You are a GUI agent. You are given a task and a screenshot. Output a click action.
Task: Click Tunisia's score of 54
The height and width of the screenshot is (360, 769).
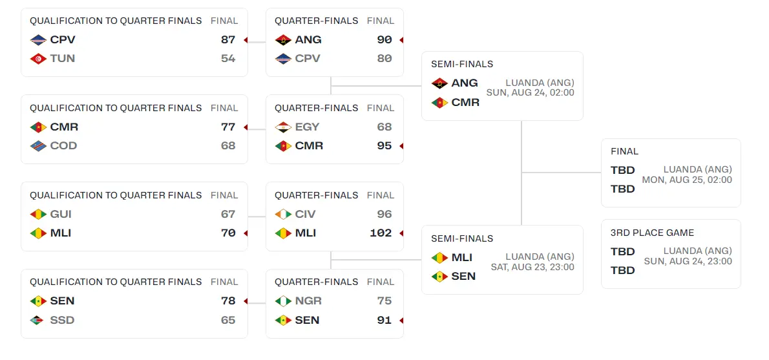coord(227,58)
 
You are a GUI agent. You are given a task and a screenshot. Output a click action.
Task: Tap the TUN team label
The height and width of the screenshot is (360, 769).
coord(62,58)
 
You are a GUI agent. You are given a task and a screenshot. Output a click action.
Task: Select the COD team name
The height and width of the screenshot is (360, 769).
coord(63,145)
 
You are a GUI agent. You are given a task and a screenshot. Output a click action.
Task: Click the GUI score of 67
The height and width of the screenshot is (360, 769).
coord(227,214)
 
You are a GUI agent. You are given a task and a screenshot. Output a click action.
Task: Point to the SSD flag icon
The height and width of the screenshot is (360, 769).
coord(37,320)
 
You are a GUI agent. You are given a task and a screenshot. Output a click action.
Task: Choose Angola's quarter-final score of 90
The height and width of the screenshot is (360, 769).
coord(384,39)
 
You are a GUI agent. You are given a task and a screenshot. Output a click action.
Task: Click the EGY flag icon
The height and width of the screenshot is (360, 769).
coord(282,127)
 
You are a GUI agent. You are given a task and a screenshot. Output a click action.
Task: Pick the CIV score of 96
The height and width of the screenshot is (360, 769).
coord(384,214)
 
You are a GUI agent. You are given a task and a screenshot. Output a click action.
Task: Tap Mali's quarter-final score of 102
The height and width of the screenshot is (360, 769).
coord(381,233)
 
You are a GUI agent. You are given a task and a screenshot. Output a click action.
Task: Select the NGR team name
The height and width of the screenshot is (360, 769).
coord(308,301)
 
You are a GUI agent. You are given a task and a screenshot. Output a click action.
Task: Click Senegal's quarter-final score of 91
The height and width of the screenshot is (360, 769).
coord(384,320)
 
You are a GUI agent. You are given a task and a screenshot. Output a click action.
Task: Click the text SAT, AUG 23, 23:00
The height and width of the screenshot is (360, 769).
coord(532,267)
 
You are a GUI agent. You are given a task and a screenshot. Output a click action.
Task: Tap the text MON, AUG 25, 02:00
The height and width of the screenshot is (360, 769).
coord(687,180)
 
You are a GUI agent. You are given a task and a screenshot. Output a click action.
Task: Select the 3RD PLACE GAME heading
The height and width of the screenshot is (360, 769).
coord(652,233)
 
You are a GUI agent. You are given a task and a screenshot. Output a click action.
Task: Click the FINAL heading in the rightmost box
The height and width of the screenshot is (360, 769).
coord(624,151)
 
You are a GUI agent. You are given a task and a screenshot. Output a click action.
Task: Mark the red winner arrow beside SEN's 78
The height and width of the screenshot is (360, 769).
coord(246,301)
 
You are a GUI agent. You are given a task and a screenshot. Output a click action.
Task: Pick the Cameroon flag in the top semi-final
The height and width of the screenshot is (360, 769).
coord(439,102)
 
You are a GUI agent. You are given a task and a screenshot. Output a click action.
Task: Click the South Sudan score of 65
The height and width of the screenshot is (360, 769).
coord(227,320)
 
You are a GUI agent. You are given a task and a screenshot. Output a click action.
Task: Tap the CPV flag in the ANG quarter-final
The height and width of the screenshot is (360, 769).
coord(282,58)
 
